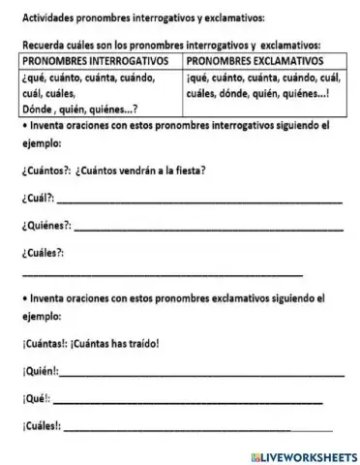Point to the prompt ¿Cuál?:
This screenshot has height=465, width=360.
38,198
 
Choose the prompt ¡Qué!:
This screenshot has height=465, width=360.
34,397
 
